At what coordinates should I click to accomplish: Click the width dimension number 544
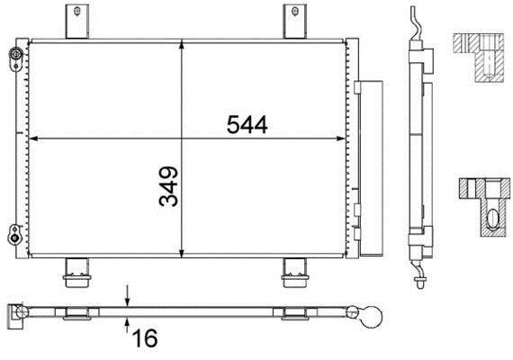(247, 125)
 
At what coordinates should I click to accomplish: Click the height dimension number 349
(169, 186)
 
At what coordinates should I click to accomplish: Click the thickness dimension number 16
(145, 338)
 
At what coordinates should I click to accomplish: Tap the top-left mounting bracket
(77, 22)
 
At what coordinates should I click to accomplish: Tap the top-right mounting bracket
(295, 22)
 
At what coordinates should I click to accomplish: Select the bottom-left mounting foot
(77, 274)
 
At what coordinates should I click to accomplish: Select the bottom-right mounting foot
(295, 274)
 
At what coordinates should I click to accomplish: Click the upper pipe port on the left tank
(15, 58)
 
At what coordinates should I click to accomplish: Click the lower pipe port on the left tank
(14, 234)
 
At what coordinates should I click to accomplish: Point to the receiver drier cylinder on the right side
(371, 168)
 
